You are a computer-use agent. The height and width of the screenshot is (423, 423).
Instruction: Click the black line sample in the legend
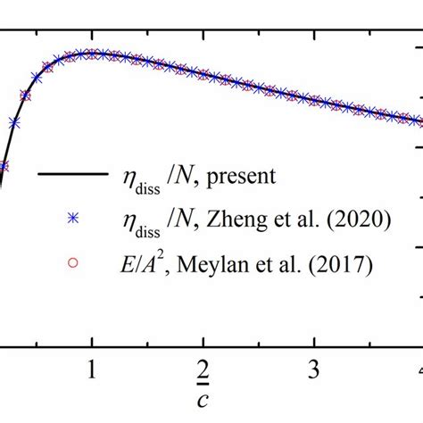[x=64, y=175]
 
